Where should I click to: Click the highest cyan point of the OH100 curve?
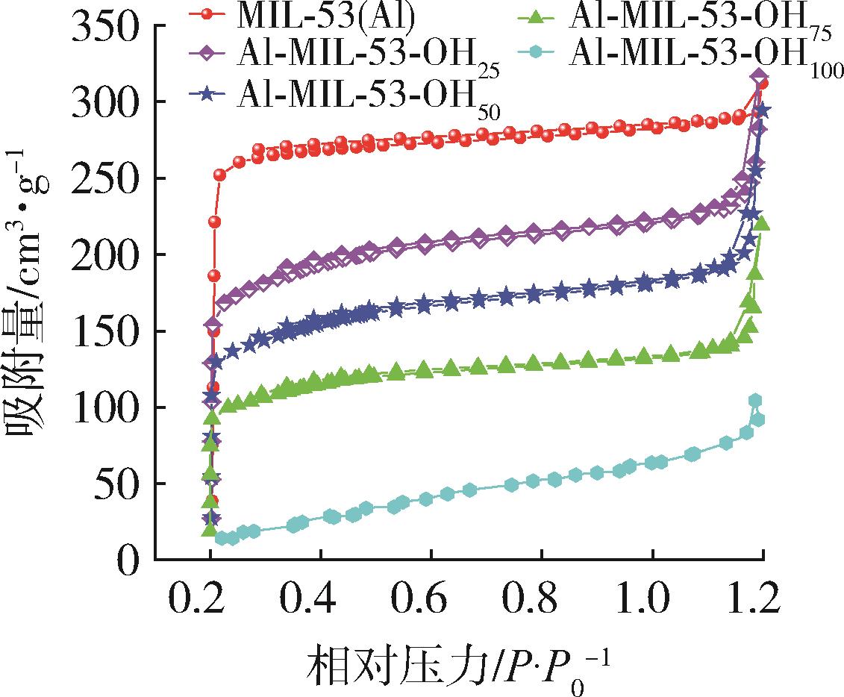point(755,401)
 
